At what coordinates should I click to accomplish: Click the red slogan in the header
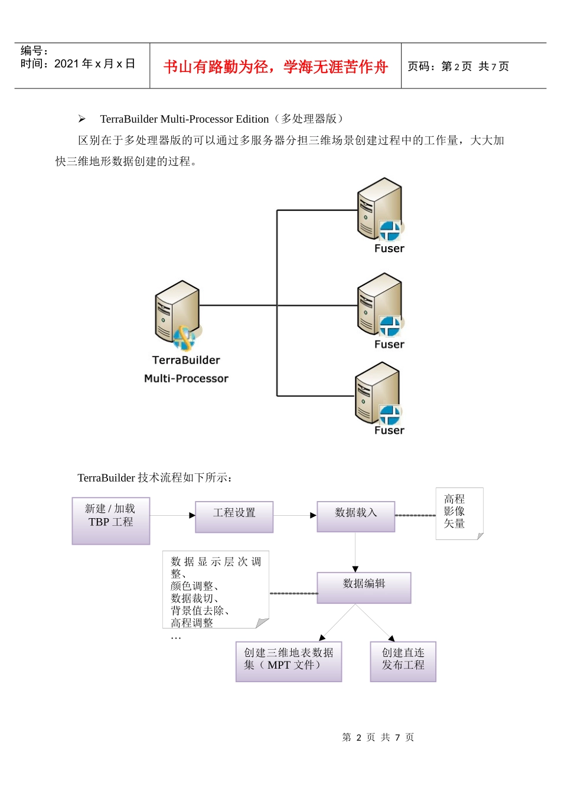click(x=275, y=67)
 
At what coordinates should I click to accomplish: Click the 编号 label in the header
click(x=34, y=51)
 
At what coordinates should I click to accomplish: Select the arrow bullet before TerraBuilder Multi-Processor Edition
click(x=81, y=119)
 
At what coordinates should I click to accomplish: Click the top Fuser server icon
click(x=381, y=210)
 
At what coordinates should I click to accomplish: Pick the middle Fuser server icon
click(x=381, y=305)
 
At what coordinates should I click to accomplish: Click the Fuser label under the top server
click(x=389, y=248)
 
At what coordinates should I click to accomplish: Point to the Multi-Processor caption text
click(x=186, y=378)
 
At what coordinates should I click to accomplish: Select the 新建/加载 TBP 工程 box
click(x=110, y=520)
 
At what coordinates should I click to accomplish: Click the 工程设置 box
click(x=234, y=516)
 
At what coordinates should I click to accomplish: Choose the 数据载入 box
click(x=355, y=516)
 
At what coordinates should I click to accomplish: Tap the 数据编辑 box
click(x=364, y=587)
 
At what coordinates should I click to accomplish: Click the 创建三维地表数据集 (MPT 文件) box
click(x=288, y=661)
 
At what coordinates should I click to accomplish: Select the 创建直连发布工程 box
click(x=403, y=661)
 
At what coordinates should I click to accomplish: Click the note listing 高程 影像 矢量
click(x=459, y=512)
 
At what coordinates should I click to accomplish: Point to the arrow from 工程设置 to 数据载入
click(x=295, y=515)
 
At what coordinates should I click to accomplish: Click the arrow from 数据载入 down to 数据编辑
click(x=355, y=552)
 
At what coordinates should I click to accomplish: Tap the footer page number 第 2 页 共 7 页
click(x=378, y=737)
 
